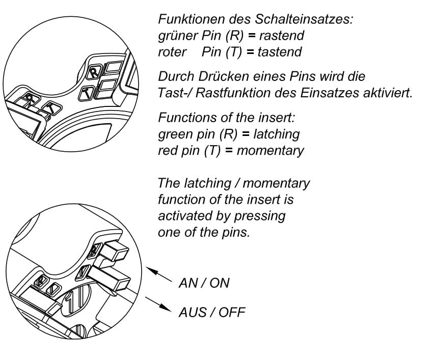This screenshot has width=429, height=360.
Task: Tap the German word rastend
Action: click(x=281, y=36)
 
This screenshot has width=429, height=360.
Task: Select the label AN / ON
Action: click(x=204, y=283)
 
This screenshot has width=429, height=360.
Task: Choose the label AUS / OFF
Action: click(x=211, y=312)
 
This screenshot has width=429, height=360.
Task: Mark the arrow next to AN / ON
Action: click(x=159, y=273)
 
